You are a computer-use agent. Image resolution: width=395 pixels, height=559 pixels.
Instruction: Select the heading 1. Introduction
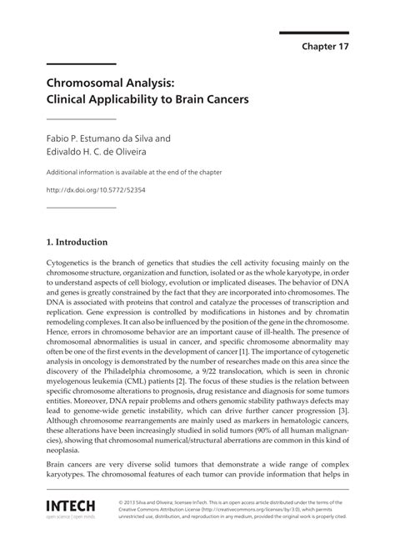[x=77, y=243]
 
